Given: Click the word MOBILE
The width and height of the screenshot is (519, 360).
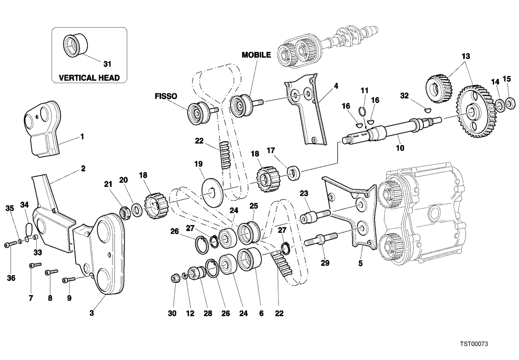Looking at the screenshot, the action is (x=256, y=55).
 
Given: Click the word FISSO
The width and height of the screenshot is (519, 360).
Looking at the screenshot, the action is (x=166, y=96).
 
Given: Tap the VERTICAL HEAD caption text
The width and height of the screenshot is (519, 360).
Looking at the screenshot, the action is (x=90, y=77).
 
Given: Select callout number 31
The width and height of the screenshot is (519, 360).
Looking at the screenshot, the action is (x=107, y=64).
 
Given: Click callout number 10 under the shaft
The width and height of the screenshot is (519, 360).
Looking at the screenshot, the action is (x=400, y=148).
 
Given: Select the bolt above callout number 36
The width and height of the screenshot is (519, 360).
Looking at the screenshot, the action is (x=11, y=244).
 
